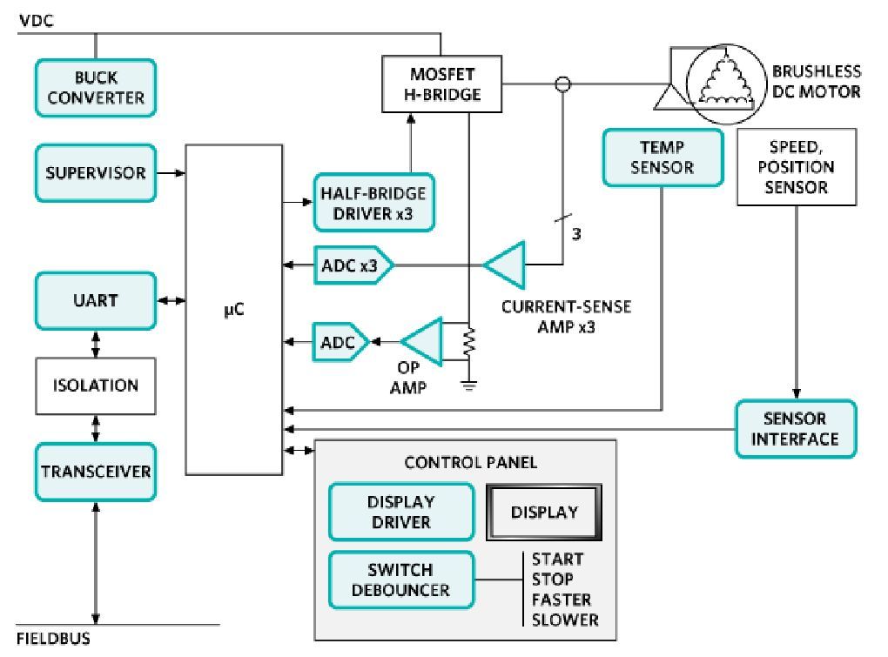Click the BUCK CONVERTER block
[x=96, y=88]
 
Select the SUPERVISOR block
[x=96, y=173]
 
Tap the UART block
[x=96, y=300]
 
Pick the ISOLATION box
[x=96, y=385]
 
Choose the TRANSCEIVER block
[x=96, y=472]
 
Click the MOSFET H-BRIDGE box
[x=442, y=84]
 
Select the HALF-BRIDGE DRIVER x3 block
[x=373, y=203]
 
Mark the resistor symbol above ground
[x=469, y=342]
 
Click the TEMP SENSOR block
[x=662, y=158]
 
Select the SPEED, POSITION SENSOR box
[x=796, y=166]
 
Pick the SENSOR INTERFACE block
[x=795, y=428]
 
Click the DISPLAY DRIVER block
[x=400, y=512]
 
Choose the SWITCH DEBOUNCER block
[x=400, y=580]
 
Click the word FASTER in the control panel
[x=561, y=600]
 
